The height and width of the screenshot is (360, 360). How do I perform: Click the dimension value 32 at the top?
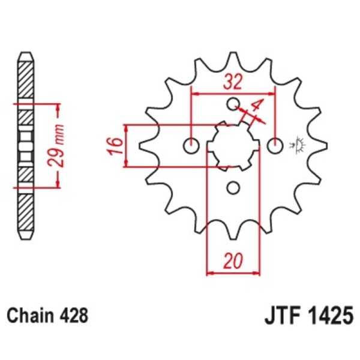(233, 82)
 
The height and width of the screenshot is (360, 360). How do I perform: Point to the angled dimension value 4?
(256, 109)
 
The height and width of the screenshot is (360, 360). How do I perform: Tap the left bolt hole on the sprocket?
(192, 145)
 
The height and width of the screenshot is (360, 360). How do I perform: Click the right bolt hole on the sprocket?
(275, 145)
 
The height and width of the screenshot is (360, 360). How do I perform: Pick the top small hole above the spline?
(233, 104)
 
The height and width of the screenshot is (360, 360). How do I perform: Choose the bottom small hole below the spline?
(233, 187)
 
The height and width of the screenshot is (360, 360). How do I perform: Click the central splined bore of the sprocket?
(233, 145)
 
